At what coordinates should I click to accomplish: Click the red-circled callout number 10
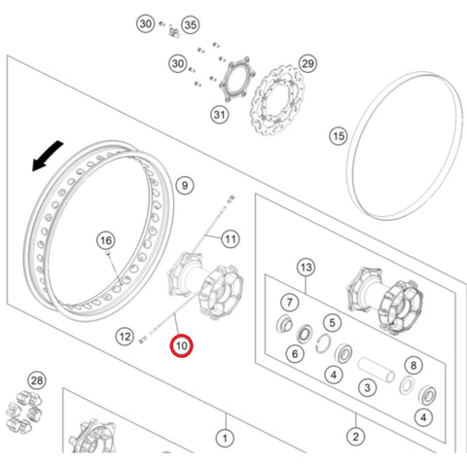tap(182, 345)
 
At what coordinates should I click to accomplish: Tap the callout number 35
tap(191, 25)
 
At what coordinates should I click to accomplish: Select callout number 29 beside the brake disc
tap(307, 63)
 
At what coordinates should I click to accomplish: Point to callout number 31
tap(220, 115)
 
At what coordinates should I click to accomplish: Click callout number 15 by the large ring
tap(339, 136)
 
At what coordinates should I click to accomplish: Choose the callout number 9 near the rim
tap(185, 186)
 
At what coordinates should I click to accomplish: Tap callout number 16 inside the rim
tap(106, 240)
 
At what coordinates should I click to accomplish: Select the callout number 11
tap(231, 239)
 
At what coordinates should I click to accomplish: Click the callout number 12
tap(125, 337)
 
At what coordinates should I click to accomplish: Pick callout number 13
tap(306, 268)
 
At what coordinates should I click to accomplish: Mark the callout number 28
tap(37, 380)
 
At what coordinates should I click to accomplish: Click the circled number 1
tap(225, 439)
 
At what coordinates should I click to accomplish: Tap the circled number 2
tap(356, 437)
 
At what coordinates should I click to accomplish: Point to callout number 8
tap(413, 366)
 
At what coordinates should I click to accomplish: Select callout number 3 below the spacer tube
tap(367, 387)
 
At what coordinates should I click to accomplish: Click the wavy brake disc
tap(278, 100)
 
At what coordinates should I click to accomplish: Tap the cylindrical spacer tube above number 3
tap(377, 370)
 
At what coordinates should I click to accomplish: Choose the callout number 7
tap(290, 303)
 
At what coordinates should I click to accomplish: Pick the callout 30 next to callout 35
tap(145, 23)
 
